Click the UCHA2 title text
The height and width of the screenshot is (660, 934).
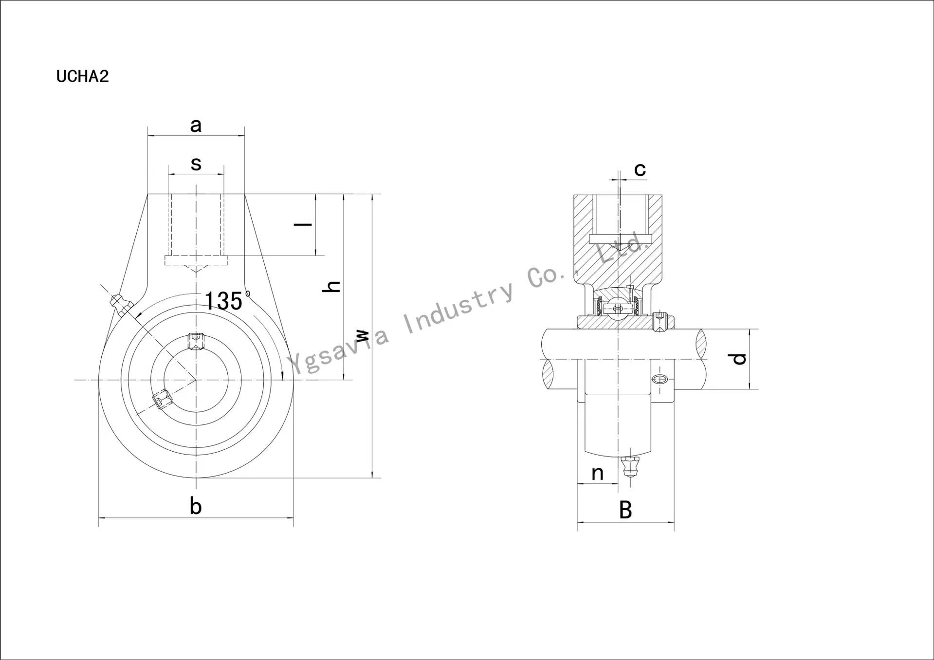click(82, 76)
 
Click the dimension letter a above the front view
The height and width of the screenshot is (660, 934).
click(196, 126)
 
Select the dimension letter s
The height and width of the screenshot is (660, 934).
click(196, 164)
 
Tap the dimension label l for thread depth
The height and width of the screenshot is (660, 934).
click(303, 224)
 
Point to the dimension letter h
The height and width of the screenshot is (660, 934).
click(332, 286)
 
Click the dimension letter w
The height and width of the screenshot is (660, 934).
click(362, 336)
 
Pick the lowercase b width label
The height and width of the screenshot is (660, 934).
click(196, 507)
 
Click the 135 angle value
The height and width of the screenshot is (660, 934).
click(223, 301)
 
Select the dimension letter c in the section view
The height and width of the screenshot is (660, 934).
click(640, 169)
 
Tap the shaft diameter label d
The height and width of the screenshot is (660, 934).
click(739, 359)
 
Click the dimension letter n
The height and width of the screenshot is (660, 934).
click(597, 473)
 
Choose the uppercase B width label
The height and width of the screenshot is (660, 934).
click(625, 510)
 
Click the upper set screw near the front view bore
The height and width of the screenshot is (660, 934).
click(196, 340)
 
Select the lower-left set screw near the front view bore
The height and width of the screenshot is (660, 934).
click(162, 400)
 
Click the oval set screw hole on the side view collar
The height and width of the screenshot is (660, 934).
click(659, 380)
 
